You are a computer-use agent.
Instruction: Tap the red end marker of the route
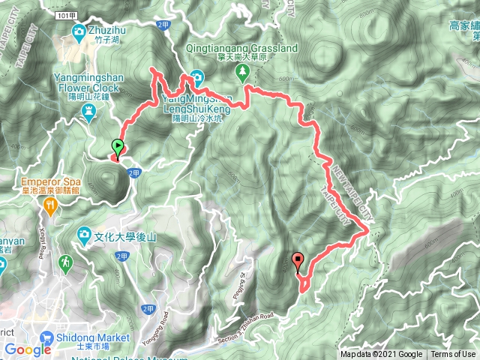(x=299, y=262)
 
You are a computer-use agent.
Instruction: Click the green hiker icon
(x=67, y=262)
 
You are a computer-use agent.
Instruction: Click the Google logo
(x=27, y=349)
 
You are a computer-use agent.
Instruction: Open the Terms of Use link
(x=452, y=355)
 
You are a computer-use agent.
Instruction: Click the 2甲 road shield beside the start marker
(x=133, y=172)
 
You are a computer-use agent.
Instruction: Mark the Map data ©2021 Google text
(x=381, y=355)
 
